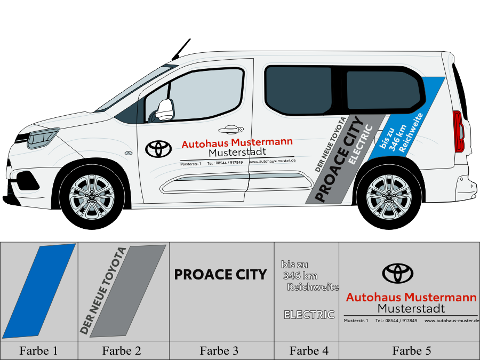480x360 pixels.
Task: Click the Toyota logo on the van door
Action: pos(158,149)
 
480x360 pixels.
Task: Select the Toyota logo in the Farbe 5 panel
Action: pos(397,273)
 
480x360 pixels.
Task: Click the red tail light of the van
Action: pos(457,131)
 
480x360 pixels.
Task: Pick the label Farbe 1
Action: pos(38,350)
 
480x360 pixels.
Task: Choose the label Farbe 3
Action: pos(219,350)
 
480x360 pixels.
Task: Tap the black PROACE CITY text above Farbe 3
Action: pos(220,275)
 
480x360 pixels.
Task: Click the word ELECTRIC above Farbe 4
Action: pos(309,315)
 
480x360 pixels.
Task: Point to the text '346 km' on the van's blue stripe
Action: pos(398,138)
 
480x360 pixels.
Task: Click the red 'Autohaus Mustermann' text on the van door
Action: pos(237,143)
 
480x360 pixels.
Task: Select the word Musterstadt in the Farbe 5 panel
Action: pos(411,308)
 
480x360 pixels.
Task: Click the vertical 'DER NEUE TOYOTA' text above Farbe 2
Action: pos(103,291)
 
